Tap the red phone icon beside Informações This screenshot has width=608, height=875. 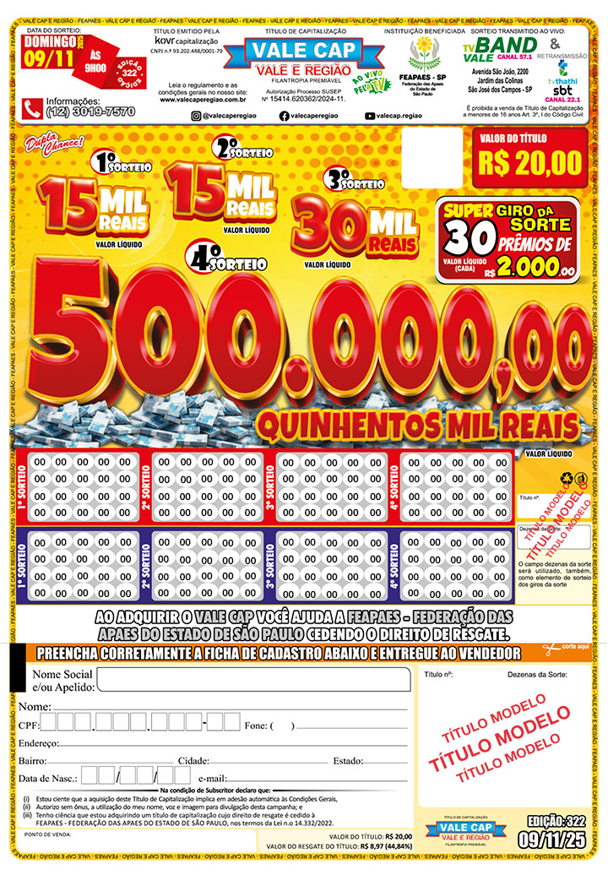pyautogui.click(x=33, y=108)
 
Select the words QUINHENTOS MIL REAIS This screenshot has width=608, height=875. pyautogui.click(x=419, y=422)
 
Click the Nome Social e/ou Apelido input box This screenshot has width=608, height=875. pyautogui.click(x=252, y=679)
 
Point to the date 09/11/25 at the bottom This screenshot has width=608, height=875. pyautogui.click(x=553, y=840)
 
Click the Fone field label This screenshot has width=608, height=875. pyautogui.click(x=255, y=726)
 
